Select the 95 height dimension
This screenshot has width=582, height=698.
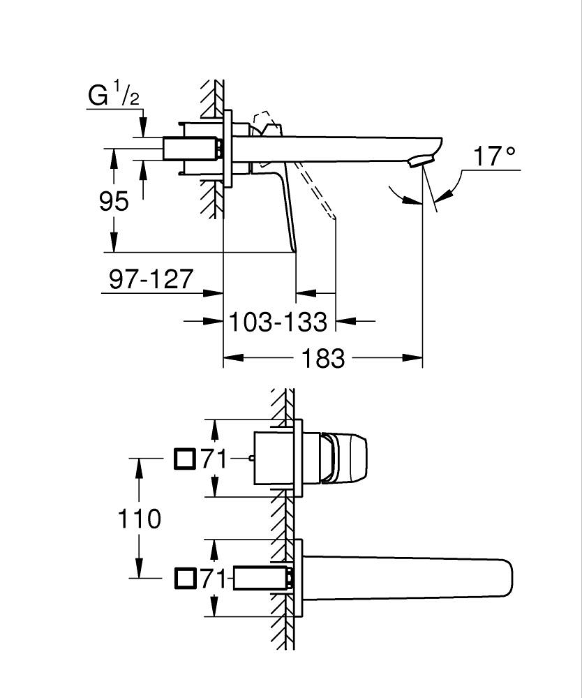pyautogui.click(x=113, y=201)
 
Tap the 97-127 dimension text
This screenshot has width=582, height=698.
pyautogui.click(x=151, y=279)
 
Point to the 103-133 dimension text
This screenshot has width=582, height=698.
pyautogui.click(x=278, y=322)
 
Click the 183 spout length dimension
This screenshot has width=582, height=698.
pyautogui.click(x=322, y=359)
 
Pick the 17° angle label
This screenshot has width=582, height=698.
pyautogui.click(x=495, y=156)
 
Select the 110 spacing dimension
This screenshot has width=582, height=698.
pyautogui.click(x=139, y=519)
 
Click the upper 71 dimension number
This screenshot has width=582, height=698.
pyautogui.click(x=214, y=459)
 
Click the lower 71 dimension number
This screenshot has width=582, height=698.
pyautogui.click(x=214, y=579)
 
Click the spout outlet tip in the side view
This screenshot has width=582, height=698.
pyautogui.click(x=421, y=162)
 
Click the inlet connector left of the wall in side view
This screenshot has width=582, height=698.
pyautogui.click(x=191, y=147)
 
